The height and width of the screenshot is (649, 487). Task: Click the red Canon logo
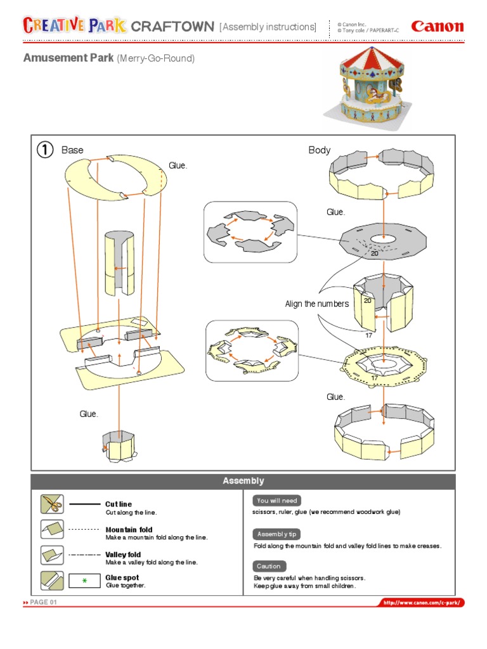click(x=437, y=27)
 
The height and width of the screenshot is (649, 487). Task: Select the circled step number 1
click(x=44, y=150)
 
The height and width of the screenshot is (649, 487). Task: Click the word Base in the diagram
click(x=72, y=150)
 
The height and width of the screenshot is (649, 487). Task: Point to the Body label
click(x=320, y=150)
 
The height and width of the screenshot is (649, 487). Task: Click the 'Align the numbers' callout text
click(x=316, y=304)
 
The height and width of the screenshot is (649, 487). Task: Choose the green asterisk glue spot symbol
click(x=84, y=581)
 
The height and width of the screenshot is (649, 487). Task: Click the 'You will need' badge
click(x=276, y=501)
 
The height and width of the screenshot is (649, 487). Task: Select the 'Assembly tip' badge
click(x=276, y=534)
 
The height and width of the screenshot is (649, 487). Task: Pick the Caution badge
click(x=269, y=566)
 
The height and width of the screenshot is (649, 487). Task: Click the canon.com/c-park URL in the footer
click(x=422, y=603)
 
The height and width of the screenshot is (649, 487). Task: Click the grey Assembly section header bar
click(x=243, y=481)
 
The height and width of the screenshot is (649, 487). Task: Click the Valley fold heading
click(x=123, y=555)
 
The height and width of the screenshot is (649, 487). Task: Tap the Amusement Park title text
click(x=68, y=58)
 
